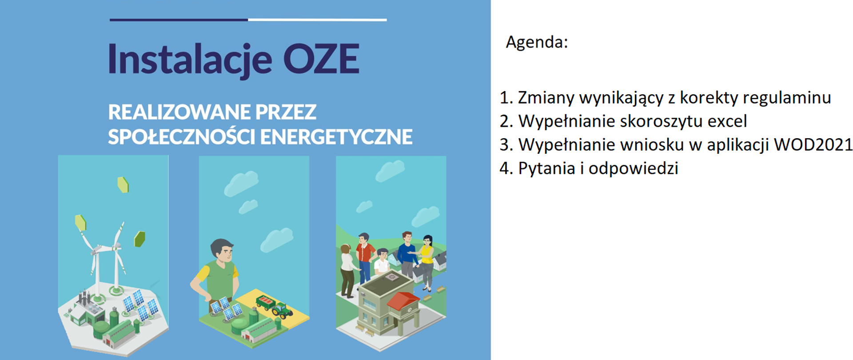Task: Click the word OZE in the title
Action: click(321, 59)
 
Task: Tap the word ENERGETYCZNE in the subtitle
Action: click(336, 137)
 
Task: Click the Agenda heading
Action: click(537, 42)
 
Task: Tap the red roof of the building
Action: click(403, 300)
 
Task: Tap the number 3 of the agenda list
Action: click(504, 145)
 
